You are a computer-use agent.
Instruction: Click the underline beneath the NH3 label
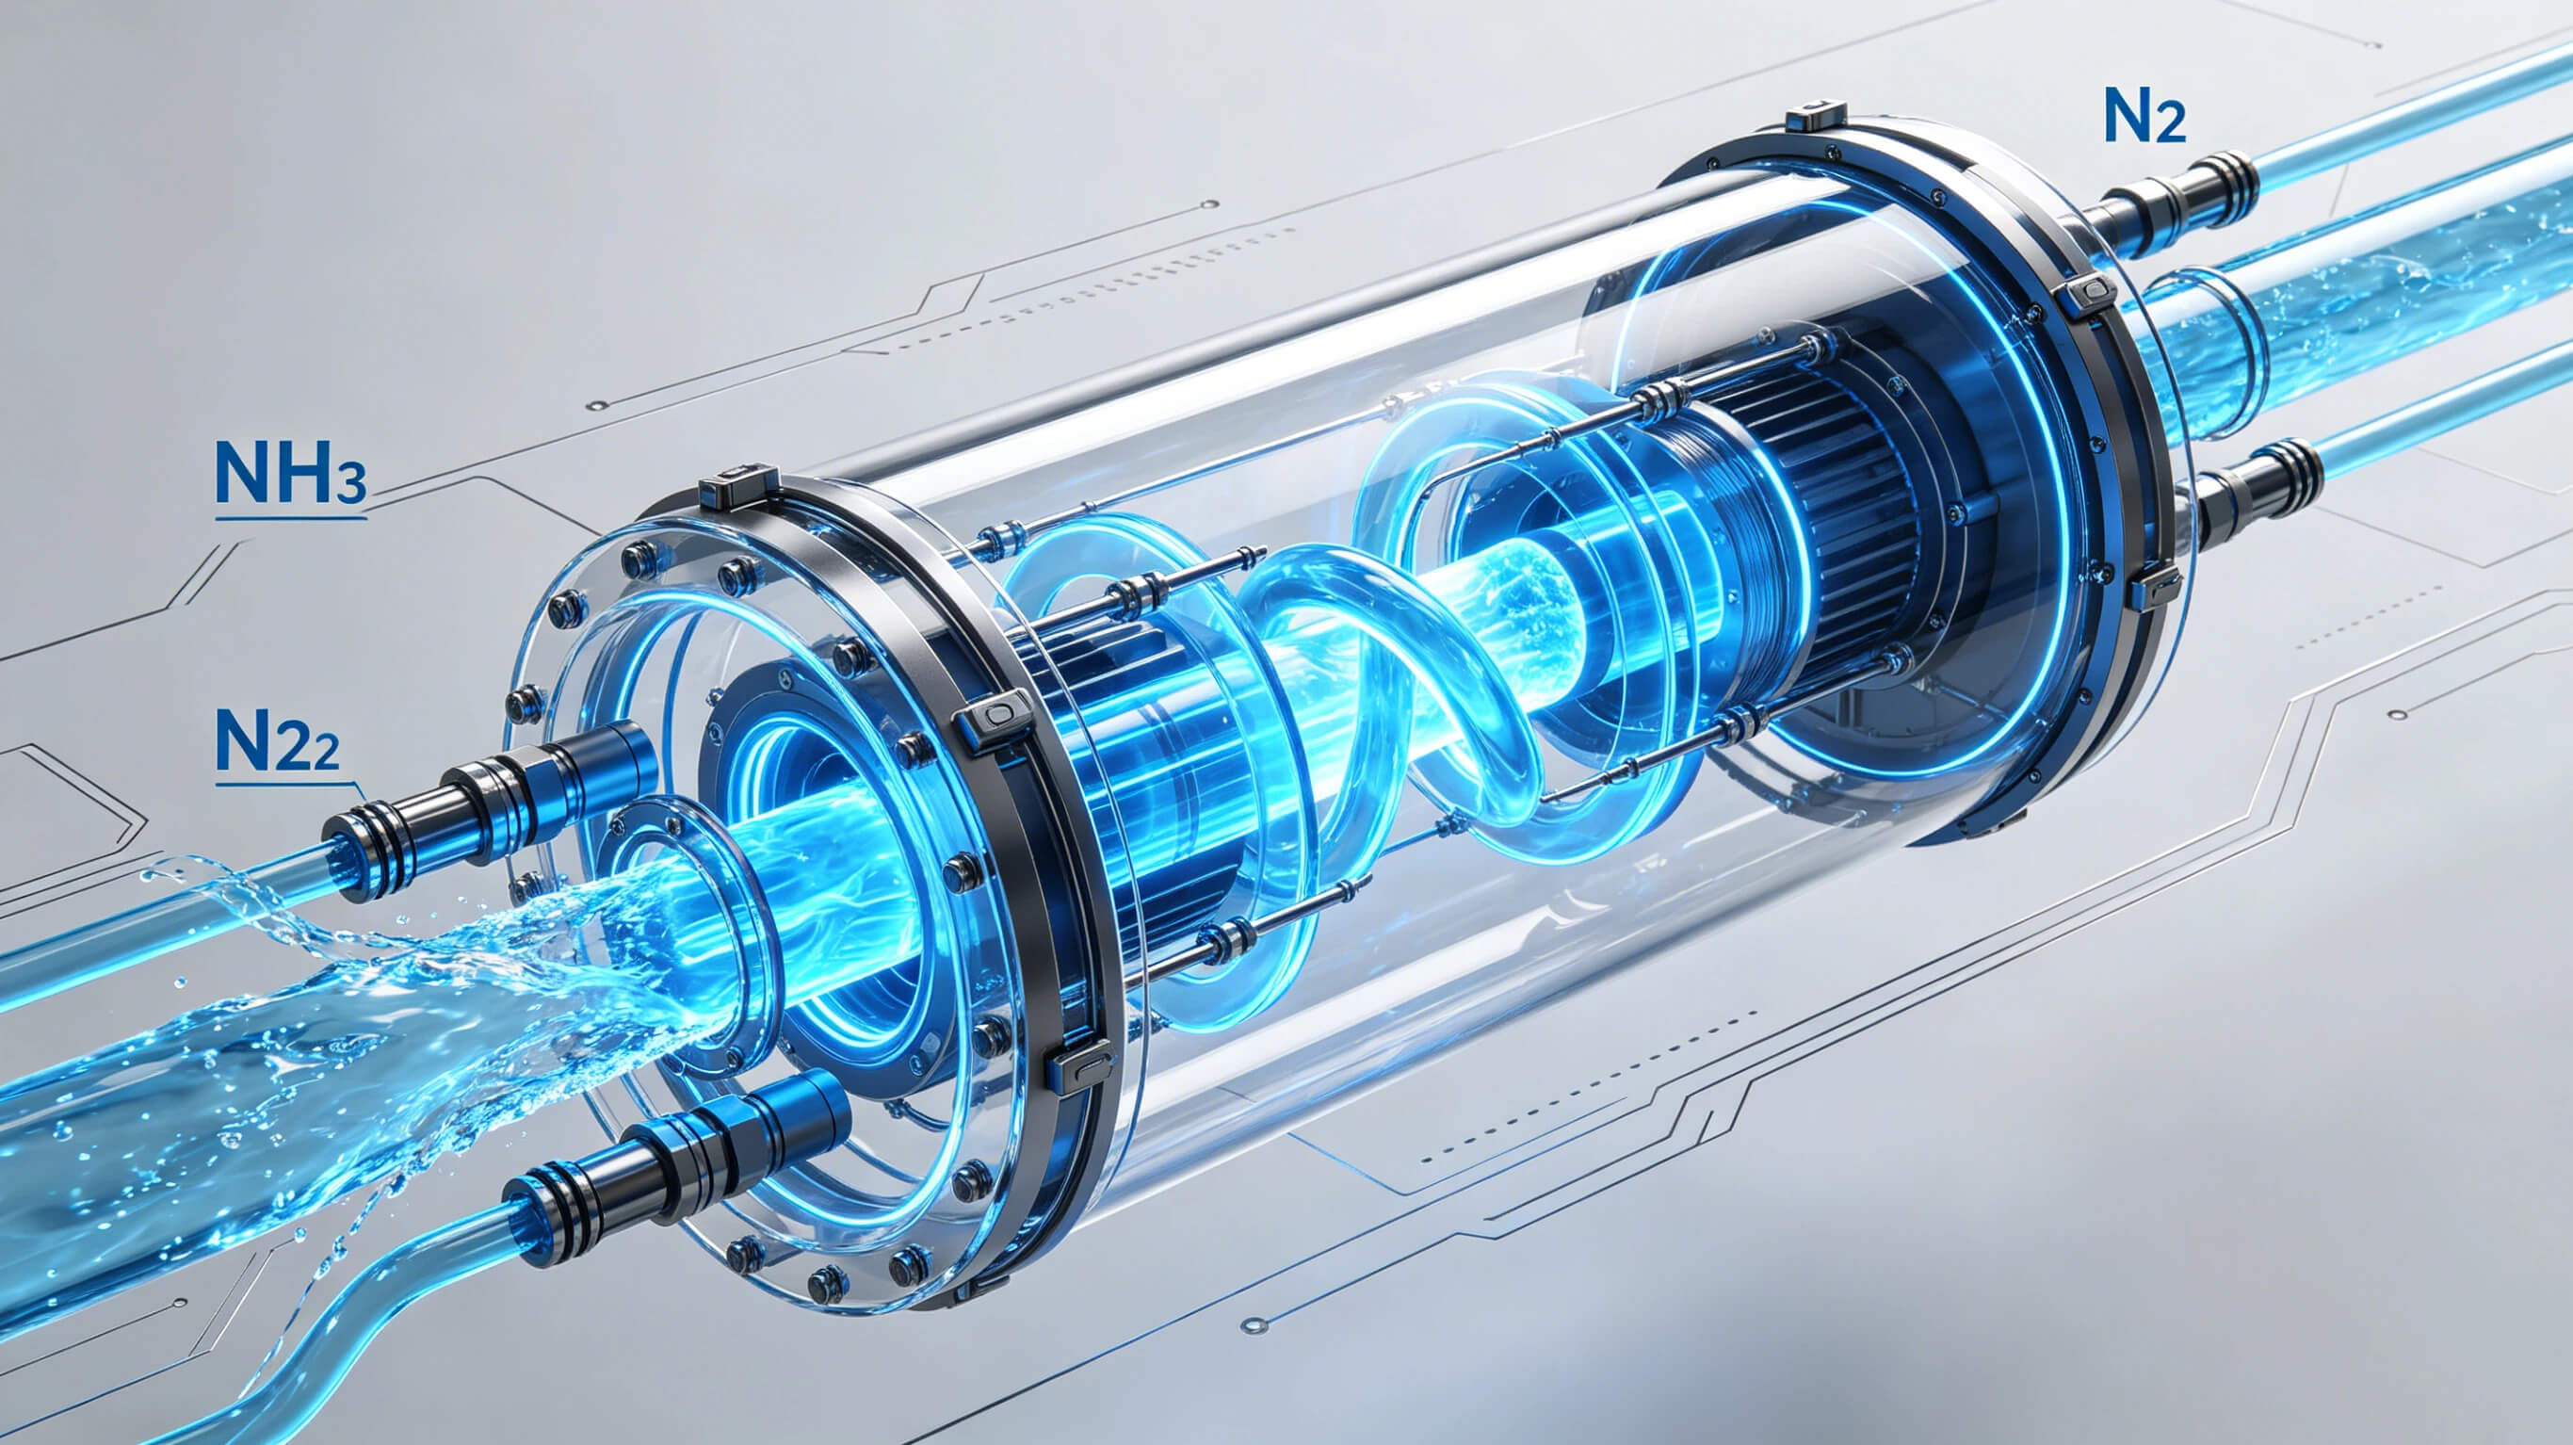coord(291,518)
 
